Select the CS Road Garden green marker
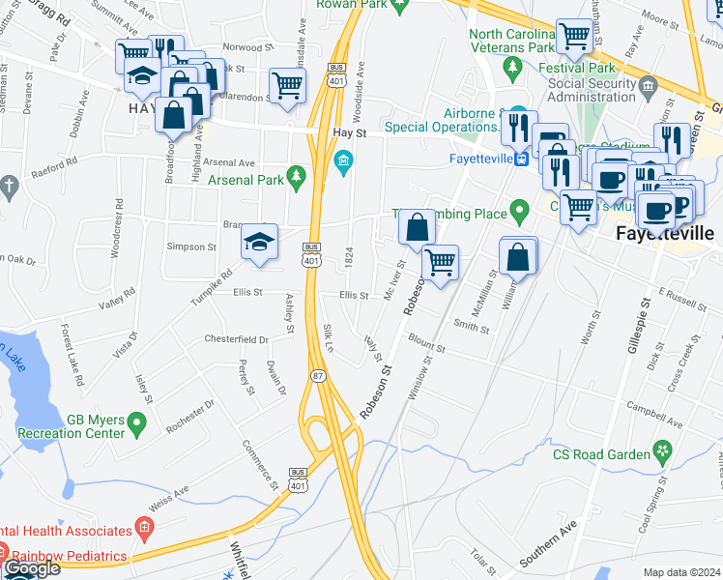click(662, 451)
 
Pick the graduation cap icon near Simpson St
click(259, 242)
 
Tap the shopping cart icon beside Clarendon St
click(287, 85)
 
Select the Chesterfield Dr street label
click(236, 339)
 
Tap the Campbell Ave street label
click(648, 407)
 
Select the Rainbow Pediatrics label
click(68, 556)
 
